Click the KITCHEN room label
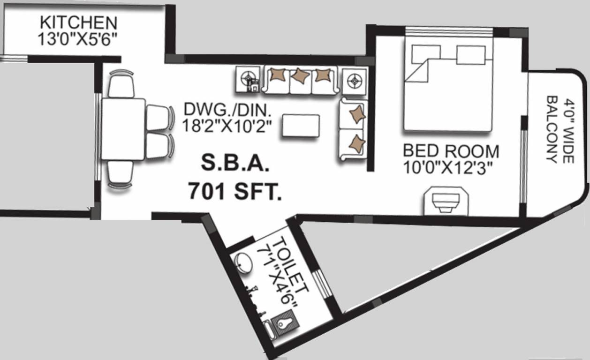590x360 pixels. pyautogui.click(x=78, y=22)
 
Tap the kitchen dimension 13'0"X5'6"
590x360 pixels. pyautogui.click(x=78, y=38)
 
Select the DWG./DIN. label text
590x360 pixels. pyautogui.click(x=228, y=110)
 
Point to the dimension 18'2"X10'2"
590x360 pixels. pyautogui.click(x=228, y=126)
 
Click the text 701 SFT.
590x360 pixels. pyautogui.click(x=235, y=192)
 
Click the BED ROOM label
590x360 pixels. pyautogui.click(x=451, y=151)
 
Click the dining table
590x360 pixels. pyautogui.click(x=123, y=129)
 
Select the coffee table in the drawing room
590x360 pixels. pyautogui.click(x=301, y=126)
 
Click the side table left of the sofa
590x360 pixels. pyautogui.click(x=248, y=79)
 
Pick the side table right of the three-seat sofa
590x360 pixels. pyautogui.click(x=354, y=81)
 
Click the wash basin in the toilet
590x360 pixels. pyautogui.click(x=242, y=263)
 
